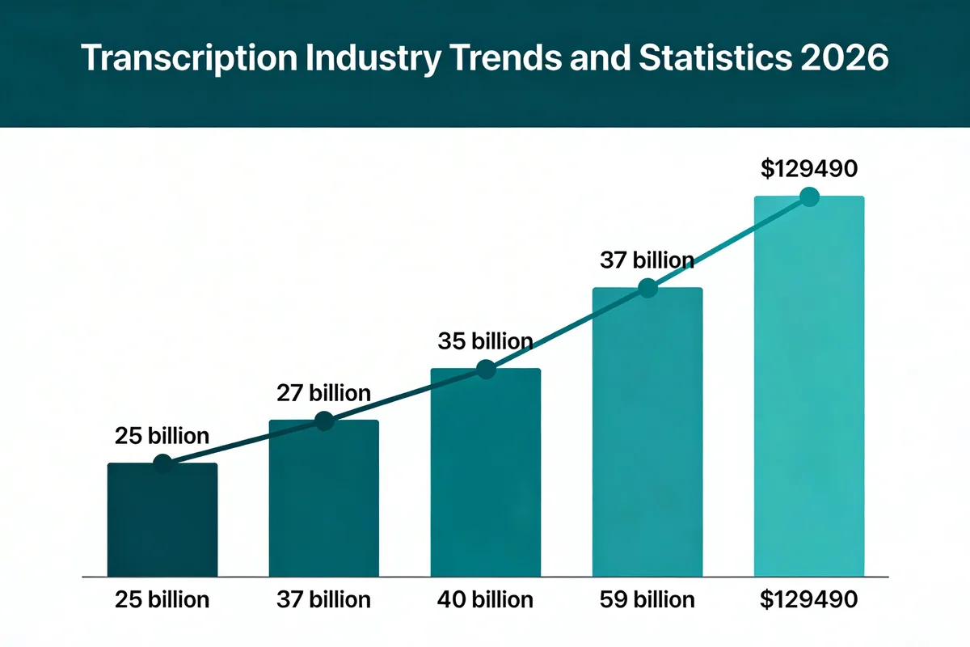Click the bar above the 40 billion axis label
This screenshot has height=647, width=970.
485,473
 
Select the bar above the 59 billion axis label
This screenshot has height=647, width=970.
647,433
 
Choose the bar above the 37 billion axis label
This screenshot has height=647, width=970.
323,497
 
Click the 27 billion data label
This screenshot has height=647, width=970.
323,394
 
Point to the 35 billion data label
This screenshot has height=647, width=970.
485,340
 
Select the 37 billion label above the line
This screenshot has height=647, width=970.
647,260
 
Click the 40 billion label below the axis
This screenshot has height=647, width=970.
485,600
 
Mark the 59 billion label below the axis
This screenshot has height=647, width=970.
647,600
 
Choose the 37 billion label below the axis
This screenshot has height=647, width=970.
323,600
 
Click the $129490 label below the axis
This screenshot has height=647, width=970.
808,600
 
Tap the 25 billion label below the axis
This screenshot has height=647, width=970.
162,600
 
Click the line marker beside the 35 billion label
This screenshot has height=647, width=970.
485,370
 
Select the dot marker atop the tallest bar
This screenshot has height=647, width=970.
808,197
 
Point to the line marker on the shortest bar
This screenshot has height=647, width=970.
162,463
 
